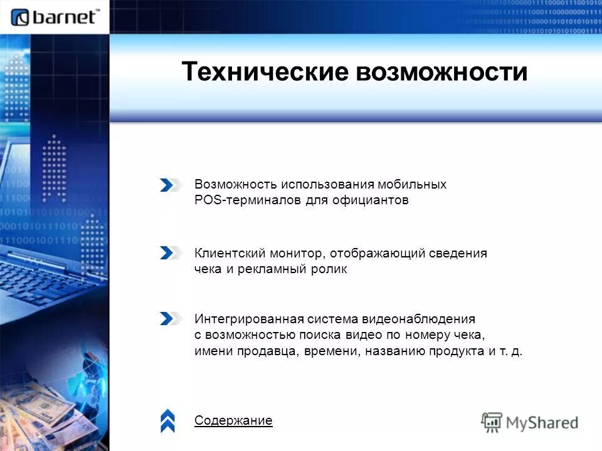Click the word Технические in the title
tap(265, 72)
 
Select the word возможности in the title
tap(441, 72)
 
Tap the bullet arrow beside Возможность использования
tap(170, 185)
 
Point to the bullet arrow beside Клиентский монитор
tap(170, 253)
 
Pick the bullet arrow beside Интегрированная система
tap(170, 318)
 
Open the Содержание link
tap(233, 420)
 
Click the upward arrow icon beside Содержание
tap(167, 421)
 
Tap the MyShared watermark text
tap(542, 422)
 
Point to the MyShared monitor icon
tap(492, 422)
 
